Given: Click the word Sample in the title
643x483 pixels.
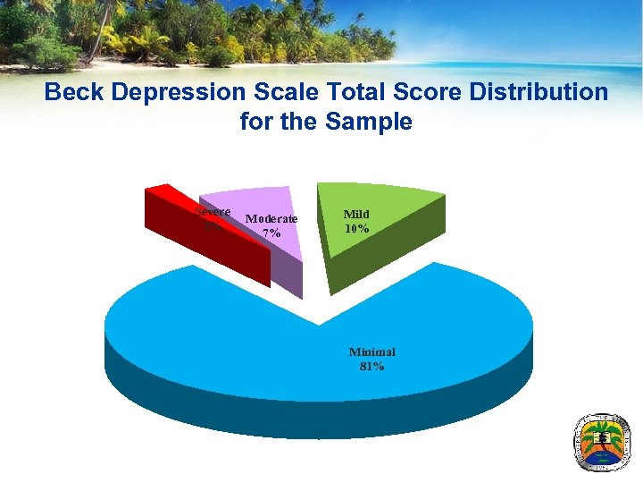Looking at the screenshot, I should coord(368,122).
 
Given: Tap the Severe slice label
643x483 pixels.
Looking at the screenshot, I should coord(213,212).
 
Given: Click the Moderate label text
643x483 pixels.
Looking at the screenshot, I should coord(271,219).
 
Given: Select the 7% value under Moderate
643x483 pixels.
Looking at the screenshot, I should coord(271,233).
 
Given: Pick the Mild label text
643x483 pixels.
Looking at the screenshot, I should coord(357,215).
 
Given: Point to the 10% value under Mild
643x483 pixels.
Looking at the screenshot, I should coord(357,229).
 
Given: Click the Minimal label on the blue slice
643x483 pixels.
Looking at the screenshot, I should coord(372,352).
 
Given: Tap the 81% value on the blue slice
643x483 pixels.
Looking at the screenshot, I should coord(372,367).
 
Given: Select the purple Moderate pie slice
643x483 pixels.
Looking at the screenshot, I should coord(268,201).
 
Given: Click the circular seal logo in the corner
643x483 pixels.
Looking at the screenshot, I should coord(603,443).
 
